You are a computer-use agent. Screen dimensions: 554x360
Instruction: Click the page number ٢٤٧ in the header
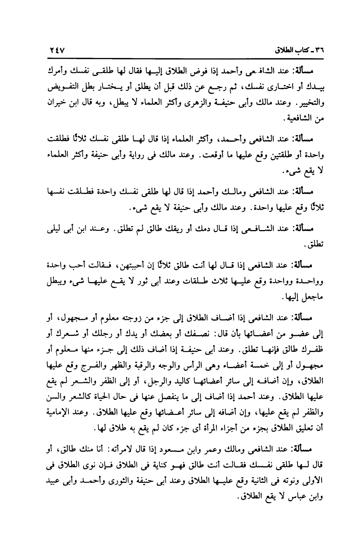point(56,50)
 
